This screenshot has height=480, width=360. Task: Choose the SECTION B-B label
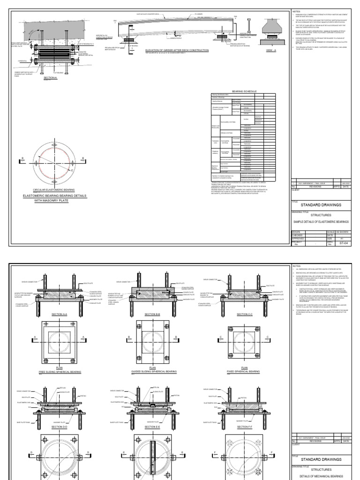152,314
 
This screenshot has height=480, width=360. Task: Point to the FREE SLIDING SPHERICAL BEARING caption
60,371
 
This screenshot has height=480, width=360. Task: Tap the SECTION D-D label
60,427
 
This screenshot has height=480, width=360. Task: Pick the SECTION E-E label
152,427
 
